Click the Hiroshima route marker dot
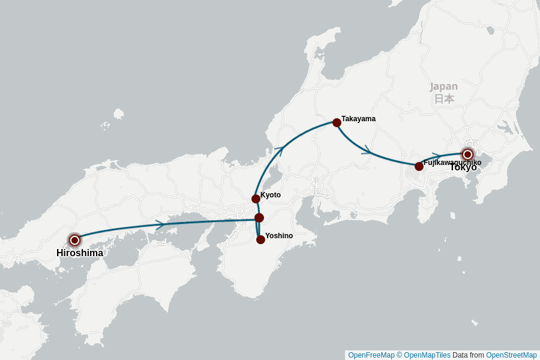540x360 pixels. click(x=74, y=240)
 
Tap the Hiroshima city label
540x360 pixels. click(x=80, y=253)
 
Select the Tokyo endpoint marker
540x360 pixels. click(x=467, y=154)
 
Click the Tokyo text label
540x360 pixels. click(x=463, y=167)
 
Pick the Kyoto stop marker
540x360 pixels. click(x=256, y=199)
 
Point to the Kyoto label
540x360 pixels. click(x=271, y=195)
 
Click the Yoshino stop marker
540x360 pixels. click(x=260, y=239)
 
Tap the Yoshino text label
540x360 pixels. click(x=279, y=236)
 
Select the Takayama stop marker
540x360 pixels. click(x=337, y=122)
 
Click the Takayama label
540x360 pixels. click(x=358, y=119)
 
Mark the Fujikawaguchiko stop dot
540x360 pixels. click(x=419, y=166)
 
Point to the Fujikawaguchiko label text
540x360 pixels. click(x=452, y=163)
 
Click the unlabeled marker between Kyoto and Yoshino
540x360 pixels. click(x=259, y=218)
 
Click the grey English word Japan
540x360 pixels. click(x=443, y=86)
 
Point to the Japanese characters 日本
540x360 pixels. click(x=444, y=99)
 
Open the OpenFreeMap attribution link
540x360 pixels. click(x=371, y=355)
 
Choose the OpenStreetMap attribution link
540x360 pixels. click(x=511, y=355)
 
